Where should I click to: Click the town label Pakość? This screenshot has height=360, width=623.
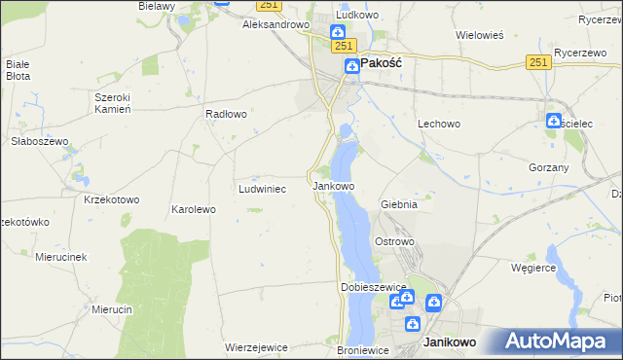(383, 61)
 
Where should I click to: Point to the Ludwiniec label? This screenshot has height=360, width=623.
(262, 189)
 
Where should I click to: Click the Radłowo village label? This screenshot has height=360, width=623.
(225, 113)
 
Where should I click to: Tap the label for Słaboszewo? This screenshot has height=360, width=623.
(36, 140)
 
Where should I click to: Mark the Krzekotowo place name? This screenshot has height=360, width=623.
(112, 199)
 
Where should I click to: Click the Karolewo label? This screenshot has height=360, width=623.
(193, 209)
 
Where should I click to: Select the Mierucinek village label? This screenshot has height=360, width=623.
(61, 257)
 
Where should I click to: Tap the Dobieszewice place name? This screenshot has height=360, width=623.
(372, 288)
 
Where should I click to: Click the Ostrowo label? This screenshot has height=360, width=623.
(395, 241)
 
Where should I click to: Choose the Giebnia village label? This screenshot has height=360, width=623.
(399, 205)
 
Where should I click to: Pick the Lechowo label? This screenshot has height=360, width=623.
(438, 125)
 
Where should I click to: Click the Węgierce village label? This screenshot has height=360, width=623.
(532, 267)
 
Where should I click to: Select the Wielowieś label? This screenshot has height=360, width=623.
(479, 35)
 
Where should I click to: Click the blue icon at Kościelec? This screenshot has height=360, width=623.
(553, 122)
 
